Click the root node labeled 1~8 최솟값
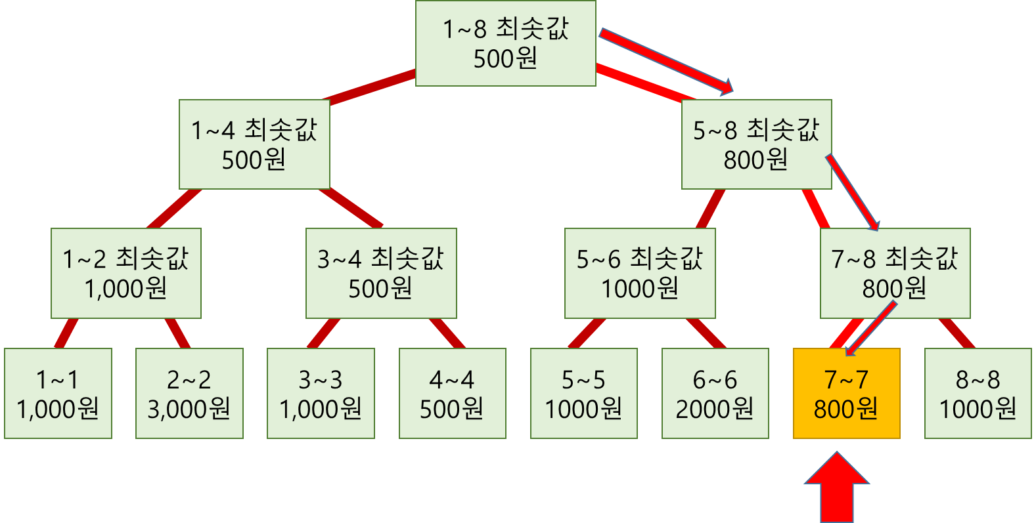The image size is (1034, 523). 506,43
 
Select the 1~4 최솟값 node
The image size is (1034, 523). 254,144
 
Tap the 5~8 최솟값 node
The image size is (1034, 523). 756,144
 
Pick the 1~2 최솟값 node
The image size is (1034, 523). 126,273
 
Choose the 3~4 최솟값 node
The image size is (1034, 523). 381,273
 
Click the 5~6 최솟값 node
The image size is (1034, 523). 640,273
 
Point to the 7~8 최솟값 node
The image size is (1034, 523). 895,273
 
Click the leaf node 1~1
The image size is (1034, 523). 58,393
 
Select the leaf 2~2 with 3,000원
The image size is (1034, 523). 189,393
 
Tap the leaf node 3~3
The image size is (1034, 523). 321,393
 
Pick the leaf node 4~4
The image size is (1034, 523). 452,393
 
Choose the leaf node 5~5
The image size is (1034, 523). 583,393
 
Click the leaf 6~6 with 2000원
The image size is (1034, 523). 715,393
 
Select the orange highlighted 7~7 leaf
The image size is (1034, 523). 846,393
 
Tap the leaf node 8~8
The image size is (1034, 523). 978,393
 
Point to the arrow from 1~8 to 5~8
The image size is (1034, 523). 663,60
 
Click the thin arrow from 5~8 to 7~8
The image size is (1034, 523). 852,193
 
